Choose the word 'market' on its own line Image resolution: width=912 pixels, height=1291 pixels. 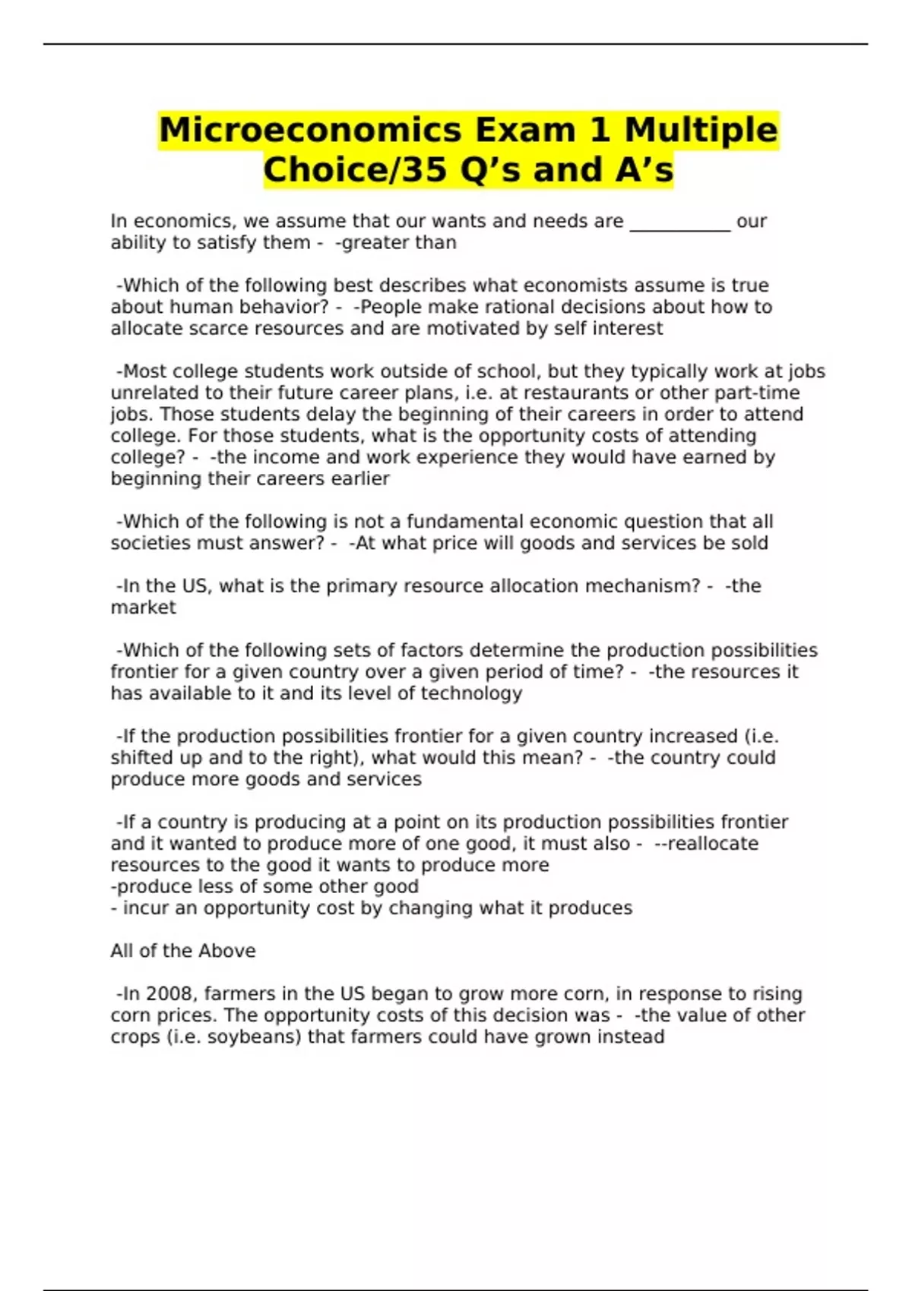(143, 608)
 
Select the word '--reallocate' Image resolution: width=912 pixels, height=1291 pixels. (707, 844)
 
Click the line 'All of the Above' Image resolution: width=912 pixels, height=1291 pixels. (183, 951)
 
